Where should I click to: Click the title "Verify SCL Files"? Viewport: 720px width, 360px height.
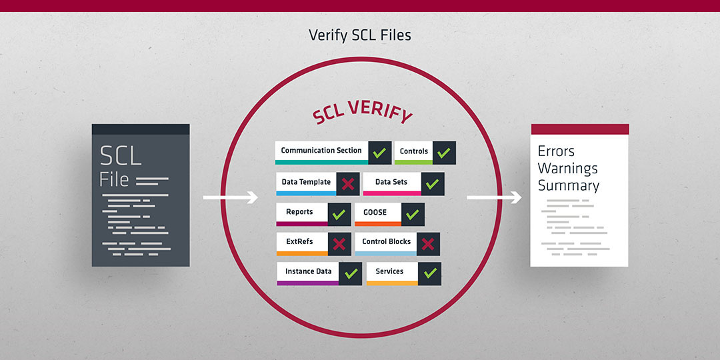click(x=359, y=35)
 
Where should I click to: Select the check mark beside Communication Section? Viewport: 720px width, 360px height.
click(x=379, y=153)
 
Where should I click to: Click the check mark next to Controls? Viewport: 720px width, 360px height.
click(x=443, y=153)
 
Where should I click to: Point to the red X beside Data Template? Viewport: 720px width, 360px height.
click(x=347, y=184)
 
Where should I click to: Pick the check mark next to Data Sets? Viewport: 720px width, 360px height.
click(x=432, y=184)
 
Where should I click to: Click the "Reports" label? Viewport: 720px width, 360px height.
click(x=299, y=212)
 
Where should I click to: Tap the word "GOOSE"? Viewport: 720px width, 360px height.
click(x=375, y=212)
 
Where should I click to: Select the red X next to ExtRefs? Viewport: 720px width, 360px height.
click(x=339, y=244)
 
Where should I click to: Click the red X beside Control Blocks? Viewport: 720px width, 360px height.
click(x=428, y=244)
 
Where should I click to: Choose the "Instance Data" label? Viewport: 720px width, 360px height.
click(x=309, y=271)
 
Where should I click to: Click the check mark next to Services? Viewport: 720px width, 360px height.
click(x=430, y=273)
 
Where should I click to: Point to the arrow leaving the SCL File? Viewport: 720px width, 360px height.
click(x=231, y=197)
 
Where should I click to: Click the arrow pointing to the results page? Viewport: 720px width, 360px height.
click(x=494, y=197)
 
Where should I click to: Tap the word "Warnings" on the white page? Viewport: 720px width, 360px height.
click(x=568, y=168)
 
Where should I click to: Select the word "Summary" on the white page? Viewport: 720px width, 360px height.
click(x=569, y=185)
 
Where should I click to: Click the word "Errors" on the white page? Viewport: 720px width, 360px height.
click(x=556, y=151)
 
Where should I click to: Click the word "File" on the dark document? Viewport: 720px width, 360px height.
click(x=114, y=179)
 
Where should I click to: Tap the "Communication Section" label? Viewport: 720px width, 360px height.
click(x=321, y=150)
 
